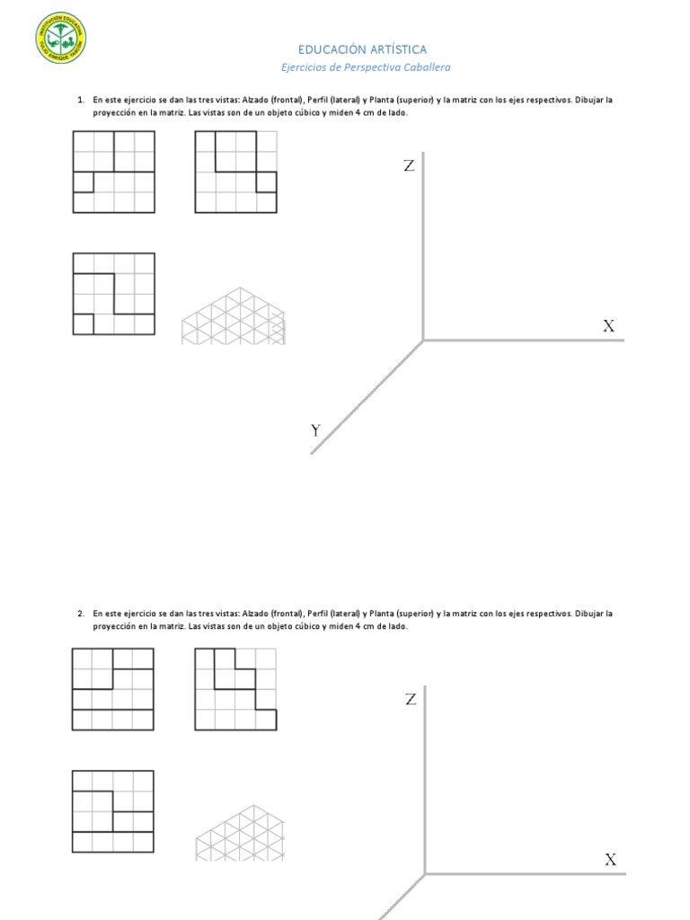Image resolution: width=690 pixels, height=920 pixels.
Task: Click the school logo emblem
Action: tap(62, 39)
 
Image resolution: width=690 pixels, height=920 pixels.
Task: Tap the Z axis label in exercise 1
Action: tap(409, 165)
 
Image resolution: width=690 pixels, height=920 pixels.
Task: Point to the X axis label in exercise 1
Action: tap(608, 326)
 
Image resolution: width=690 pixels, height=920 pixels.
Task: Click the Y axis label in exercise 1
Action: tap(315, 430)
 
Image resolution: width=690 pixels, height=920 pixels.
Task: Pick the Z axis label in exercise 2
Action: tap(411, 699)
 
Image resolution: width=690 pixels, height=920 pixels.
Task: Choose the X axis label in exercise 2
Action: tap(610, 860)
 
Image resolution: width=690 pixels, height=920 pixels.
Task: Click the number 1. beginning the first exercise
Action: tap(81, 100)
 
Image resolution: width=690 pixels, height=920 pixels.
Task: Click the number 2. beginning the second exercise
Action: tap(81, 614)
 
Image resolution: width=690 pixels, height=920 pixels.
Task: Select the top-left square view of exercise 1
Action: tap(113, 172)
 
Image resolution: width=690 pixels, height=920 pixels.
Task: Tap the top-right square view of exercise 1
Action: tap(236, 172)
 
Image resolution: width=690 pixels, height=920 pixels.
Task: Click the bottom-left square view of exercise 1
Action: tap(113, 294)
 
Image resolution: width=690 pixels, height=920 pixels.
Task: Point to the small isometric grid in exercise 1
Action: tap(234, 315)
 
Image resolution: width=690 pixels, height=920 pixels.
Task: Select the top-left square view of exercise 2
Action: tap(113, 689)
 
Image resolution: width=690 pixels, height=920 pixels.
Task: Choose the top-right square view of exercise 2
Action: tap(236, 689)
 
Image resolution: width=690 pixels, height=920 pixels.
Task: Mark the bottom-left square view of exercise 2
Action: tap(113, 811)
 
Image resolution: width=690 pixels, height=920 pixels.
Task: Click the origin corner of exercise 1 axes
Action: tap(423, 341)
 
